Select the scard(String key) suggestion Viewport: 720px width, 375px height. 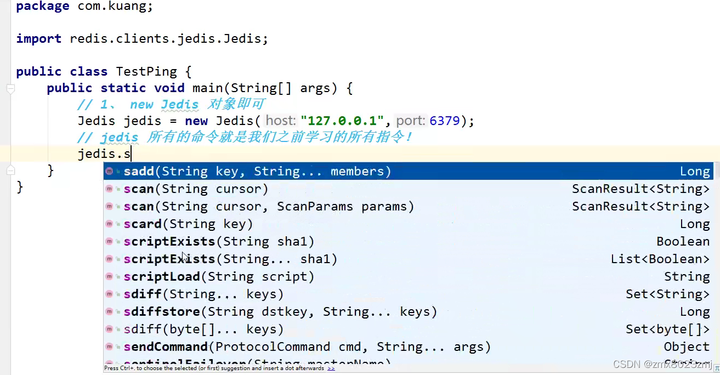tap(188, 224)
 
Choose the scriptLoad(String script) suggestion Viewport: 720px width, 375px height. tap(219, 277)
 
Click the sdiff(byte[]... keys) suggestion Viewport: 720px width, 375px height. tap(203, 329)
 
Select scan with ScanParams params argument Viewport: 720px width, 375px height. tap(269, 207)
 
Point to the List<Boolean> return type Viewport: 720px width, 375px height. tap(660, 259)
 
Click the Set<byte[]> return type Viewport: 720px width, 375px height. tap(667, 329)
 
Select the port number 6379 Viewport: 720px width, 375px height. tap(445, 121)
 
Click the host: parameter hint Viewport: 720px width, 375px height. tap(281, 121)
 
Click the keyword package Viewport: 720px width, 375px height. tap(43, 7)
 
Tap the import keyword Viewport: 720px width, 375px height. tap(38, 39)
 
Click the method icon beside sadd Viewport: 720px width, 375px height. tap(109, 172)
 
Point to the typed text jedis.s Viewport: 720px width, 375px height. tap(104, 154)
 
